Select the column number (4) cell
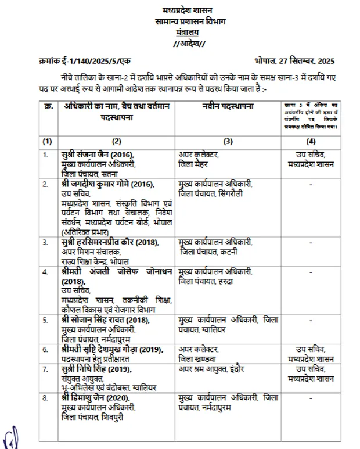pos(311,141)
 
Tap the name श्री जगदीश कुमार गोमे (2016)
pos(107,184)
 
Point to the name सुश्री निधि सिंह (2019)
pos(96,369)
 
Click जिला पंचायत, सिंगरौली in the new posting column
pos(211,193)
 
